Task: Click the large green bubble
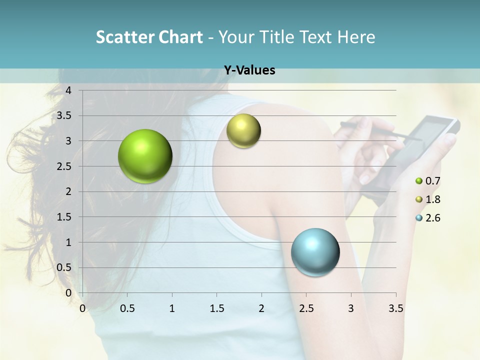pyautogui.click(x=145, y=156)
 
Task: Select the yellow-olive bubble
pyautogui.click(x=243, y=131)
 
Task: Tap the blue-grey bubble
pyautogui.click(x=315, y=252)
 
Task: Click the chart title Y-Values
pyautogui.click(x=249, y=70)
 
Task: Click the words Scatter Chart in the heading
pyautogui.click(x=149, y=37)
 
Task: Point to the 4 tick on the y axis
pyautogui.click(x=68, y=90)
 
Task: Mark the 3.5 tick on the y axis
pyautogui.click(x=65, y=116)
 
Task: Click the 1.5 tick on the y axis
pyautogui.click(x=65, y=217)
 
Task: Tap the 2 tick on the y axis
pyautogui.click(x=68, y=191)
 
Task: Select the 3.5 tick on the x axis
pyautogui.click(x=395, y=308)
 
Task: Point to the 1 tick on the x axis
pyautogui.click(x=172, y=308)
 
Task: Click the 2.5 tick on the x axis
pyautogui.click(x=306, y=308)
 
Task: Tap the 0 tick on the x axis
pyautogui.click(x=82, y=308)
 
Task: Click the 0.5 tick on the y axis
pyautogui.click(x=65, y=267)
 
